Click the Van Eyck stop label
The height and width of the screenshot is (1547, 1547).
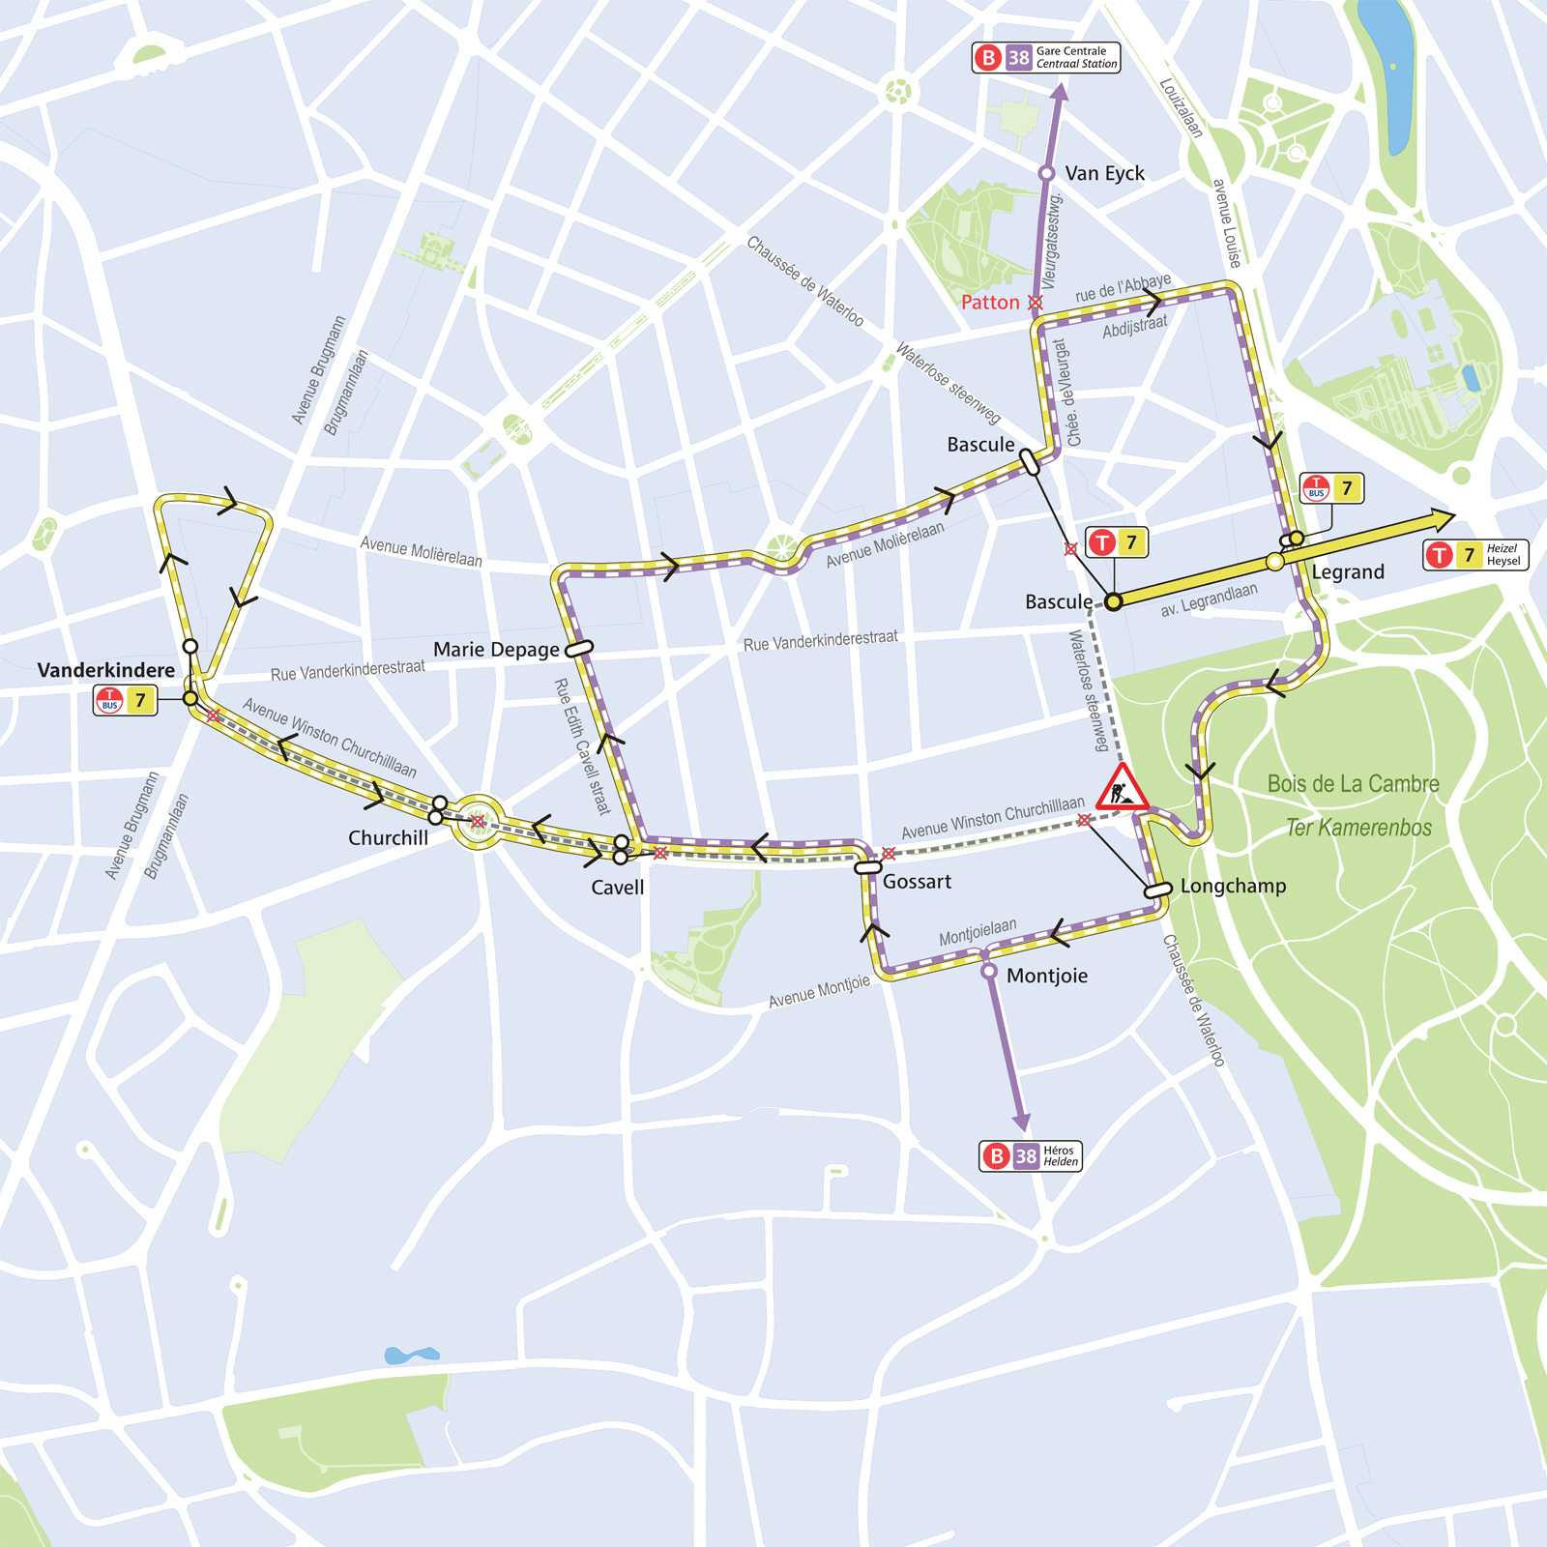tap(1104, 173)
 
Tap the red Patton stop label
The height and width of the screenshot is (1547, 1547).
tap(990, 303)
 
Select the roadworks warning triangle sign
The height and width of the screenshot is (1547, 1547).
tap(1122, 787)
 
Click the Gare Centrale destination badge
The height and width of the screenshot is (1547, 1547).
tap(1046, 58)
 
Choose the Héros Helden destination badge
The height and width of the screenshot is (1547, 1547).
tap(1030, 1155)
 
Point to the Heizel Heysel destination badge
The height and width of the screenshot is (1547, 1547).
tap(1475, 554)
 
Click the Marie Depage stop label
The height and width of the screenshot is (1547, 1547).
tap(496, 650)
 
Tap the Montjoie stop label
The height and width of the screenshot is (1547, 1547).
tap(1047, 976)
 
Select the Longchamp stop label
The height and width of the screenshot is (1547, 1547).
tap(1233, 886)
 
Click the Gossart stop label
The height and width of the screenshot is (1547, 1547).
tap(917, 882)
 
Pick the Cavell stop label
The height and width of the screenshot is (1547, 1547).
tap(617, 888)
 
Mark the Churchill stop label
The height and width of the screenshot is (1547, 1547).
tap(388, 838)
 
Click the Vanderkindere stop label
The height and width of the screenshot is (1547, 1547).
tap(106, 670)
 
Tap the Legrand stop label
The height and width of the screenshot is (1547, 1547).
tap(1348, 571)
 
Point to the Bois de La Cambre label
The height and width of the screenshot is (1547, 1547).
tap(1353, 784)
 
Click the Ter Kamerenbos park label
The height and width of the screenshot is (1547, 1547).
tap(1358, 828)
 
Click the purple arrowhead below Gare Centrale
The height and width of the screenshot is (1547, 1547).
tap(1060, 94)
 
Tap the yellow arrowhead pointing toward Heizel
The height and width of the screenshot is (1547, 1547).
tap(1442, 520)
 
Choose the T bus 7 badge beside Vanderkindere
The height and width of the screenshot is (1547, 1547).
tap(126, 700)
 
